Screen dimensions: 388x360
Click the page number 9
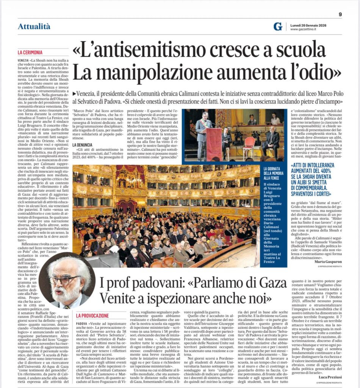(340, 14)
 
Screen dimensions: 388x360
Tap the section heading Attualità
(34, 26)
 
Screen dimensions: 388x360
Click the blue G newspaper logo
(278, 26)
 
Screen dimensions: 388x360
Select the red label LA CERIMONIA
(30, 53)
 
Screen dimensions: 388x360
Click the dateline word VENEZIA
(24, 60)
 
